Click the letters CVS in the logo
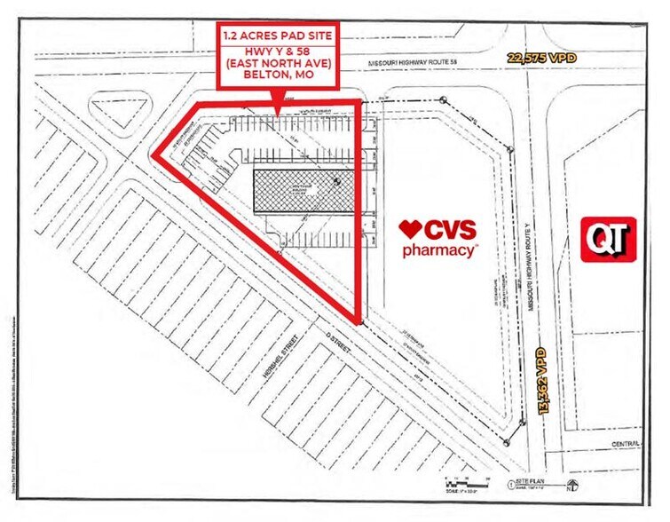click(452, 229)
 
